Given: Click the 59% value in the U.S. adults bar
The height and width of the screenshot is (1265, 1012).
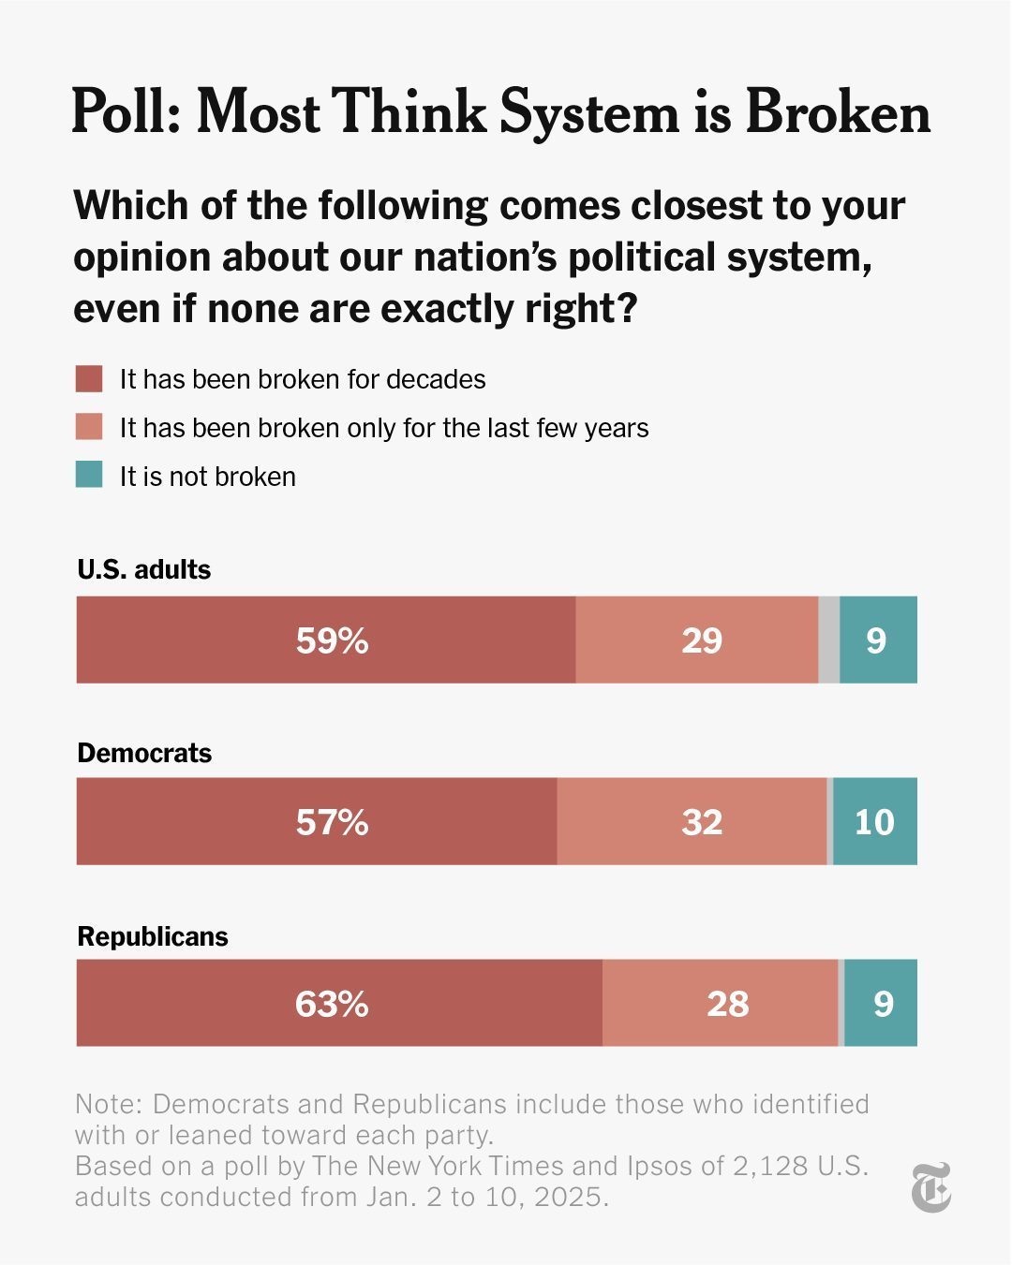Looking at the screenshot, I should (332, 640).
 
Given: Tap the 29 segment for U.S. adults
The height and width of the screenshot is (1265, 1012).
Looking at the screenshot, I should (701, 640).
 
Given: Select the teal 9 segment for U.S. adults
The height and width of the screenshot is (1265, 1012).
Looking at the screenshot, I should (877, 640).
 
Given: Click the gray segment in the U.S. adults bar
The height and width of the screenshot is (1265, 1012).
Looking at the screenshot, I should (829, 640).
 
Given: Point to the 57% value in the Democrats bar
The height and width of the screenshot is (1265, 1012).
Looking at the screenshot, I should (332, 822).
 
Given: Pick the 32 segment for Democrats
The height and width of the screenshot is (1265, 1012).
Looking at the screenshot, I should (701, 822).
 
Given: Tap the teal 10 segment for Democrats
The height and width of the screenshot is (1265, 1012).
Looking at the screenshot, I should (874, 822).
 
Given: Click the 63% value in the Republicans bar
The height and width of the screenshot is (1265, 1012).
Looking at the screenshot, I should (332, 1004).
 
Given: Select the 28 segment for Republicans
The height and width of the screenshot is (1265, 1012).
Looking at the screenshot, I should (727, 1004).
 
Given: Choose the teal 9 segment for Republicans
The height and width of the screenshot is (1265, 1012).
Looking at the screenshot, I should (883, 1004).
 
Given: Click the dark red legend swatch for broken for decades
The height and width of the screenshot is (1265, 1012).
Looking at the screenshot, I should (89, 379).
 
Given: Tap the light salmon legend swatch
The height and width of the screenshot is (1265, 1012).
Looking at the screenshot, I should (89, 428).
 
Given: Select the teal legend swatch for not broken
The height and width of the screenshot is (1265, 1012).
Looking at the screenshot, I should (89, 476).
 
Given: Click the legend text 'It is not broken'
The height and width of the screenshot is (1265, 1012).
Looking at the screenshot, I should (207, 477).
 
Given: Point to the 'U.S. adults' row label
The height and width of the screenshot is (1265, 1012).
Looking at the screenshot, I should (144, 569).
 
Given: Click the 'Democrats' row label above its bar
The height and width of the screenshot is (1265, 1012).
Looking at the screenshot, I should (144, 753).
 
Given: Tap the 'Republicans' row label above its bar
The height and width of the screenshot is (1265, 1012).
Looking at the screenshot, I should (153, 936).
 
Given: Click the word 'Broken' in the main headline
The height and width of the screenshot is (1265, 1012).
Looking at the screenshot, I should (838, 112).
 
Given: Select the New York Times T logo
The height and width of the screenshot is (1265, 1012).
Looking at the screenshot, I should (931, 1187).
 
